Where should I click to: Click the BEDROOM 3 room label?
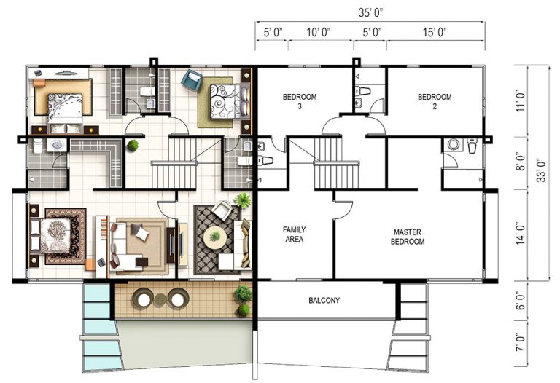pos(300,101)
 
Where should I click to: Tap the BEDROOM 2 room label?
pos(435,101)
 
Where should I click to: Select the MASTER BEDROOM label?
pos(408,237)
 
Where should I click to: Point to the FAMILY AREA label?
pos(295,234)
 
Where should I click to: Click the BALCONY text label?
pos(324,300)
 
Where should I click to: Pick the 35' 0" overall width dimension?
pos(370,13)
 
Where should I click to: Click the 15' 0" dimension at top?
pos(435,33)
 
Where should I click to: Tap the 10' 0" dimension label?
pos(318,33)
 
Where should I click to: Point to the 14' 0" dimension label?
pos(521,234)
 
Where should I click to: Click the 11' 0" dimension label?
pos(521,101)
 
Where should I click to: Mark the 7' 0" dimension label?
pos(521,342)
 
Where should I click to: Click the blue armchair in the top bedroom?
pos(192,80)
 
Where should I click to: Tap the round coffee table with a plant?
pos(214,237)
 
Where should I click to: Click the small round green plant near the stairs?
pos(133,145)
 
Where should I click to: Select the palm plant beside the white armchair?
pos(243,200)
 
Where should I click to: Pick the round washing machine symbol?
pos(454,145)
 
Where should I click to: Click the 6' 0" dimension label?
pos(521,301)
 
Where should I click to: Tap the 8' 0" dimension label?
pos(521,162)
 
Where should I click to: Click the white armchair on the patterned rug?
pos(222,210)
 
